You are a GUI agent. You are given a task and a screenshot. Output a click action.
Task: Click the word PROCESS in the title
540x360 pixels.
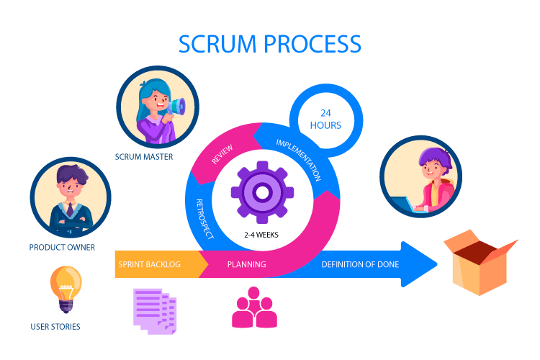[x=312, y=44]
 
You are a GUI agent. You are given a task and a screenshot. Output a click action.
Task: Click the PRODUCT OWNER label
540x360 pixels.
[x=62, y=248]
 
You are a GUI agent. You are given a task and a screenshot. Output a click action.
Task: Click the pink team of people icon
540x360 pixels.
[x=254, y=308]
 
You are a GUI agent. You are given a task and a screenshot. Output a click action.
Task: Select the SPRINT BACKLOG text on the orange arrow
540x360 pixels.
[x=149, y=264]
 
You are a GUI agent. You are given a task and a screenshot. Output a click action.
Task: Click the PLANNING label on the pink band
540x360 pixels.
[x=247, y=264]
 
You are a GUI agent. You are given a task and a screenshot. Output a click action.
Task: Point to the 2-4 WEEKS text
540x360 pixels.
[x=261, y=235]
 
